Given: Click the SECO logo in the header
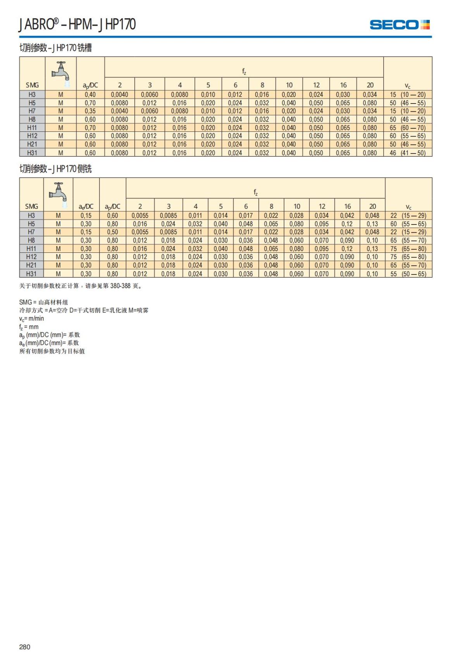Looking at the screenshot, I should [x=400, y=25].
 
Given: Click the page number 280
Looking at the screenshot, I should [x=24, y=646].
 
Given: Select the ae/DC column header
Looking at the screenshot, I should [x=86, y=207].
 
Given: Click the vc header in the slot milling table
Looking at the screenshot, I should [x=408, y=86].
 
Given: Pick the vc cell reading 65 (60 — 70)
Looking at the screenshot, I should [x=408, y=128].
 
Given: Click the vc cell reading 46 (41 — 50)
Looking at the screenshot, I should [x=408, y=153].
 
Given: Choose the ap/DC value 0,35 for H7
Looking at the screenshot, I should [x=90, y=111].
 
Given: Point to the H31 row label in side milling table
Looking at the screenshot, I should [x=31, y=274].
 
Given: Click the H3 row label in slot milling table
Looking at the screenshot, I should [x=32, y=95].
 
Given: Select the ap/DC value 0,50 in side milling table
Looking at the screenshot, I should [x=112, y=232].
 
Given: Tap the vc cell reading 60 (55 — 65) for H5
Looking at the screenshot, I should [x=408, y=224].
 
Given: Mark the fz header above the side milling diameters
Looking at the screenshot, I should [x=255, y=192].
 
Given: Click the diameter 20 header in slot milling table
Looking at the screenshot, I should [x=370, y=85].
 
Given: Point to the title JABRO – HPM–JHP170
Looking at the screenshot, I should [x=77, y=24].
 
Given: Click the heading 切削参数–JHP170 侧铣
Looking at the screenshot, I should [x=55, y=169].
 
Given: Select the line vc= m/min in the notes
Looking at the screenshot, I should [x=32, y=318].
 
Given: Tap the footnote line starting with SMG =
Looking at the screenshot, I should [x=43, y=302].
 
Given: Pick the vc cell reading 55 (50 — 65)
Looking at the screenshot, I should [x=408, y=274].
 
